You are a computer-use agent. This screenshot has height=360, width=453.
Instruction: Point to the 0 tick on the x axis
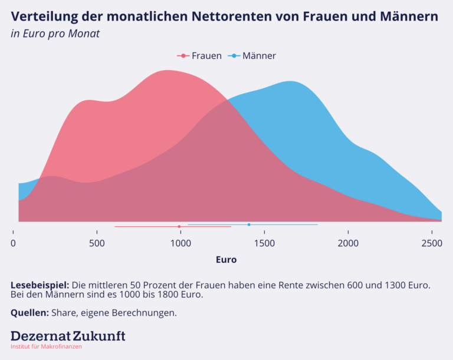coord(14,244)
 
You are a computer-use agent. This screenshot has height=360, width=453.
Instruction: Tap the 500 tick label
coord(97,244)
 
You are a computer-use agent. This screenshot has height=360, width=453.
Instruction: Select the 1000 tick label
coord(180,244)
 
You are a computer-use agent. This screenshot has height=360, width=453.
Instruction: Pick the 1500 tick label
coord(264,244)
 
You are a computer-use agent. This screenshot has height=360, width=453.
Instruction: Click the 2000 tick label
coord(348,244)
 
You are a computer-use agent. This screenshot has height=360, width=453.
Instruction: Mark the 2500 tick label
coord(432,244)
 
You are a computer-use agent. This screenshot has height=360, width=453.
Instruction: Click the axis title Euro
coord(226,259)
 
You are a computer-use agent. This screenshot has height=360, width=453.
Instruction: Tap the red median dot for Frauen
coord(179,226)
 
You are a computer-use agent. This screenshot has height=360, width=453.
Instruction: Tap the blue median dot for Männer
coord(249,224)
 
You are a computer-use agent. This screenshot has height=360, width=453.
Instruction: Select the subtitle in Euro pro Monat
coord(55,34)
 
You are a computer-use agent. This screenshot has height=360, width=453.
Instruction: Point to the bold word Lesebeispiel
coord(40,285)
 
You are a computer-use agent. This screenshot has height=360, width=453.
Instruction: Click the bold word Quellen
coord(29,313)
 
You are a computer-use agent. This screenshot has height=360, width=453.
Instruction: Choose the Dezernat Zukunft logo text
coord(68,336)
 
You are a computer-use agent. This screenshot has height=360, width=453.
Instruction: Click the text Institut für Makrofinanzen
coord(46,346)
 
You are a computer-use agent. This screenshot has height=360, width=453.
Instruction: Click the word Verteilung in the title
coord(44,16)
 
